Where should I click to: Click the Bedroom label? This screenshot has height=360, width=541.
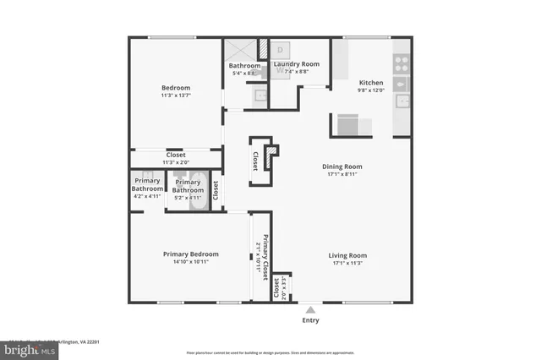pyautogui.click(x=176, y=88)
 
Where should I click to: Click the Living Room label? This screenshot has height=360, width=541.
pyautogui.click(x=347, y=254)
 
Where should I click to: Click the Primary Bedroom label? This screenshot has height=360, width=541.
pyautogui.click(x=190, y=254)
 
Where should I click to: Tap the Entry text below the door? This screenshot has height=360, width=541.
pyautogui.click(x=311, y=320)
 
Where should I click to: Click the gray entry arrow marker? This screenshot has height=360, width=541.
pyautogui.click(x=311, y=308)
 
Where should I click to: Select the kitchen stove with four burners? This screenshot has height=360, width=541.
pyautogui.click(x=402, y=61)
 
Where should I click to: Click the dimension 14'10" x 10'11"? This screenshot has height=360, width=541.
pyautogui.click(x=190, y=262)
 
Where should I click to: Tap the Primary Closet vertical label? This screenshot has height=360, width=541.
pyautogui.click(x=265, y=258)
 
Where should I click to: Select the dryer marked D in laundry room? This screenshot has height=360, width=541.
pyautogui.click(x=280, y=50)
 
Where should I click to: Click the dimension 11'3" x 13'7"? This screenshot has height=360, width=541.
pyautogui.click(x=176, y=96)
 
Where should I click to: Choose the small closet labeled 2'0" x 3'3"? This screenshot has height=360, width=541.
pyautogui.click(x=281, y=288)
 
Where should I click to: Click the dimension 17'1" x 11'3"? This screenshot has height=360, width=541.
pyautogui.click(x=347, y=263)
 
